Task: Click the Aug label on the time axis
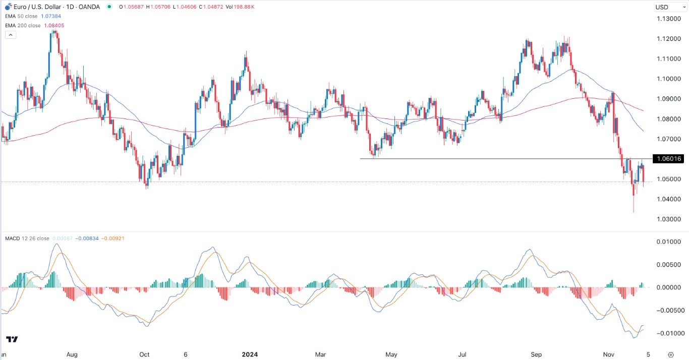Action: click(72, 354)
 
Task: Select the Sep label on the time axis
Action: click(536, 354)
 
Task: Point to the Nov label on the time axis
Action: click(609, 354)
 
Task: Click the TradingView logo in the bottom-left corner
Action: click(13, 339)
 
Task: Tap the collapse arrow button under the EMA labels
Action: click(10, 35)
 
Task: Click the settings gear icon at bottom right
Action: click(670, 354)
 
